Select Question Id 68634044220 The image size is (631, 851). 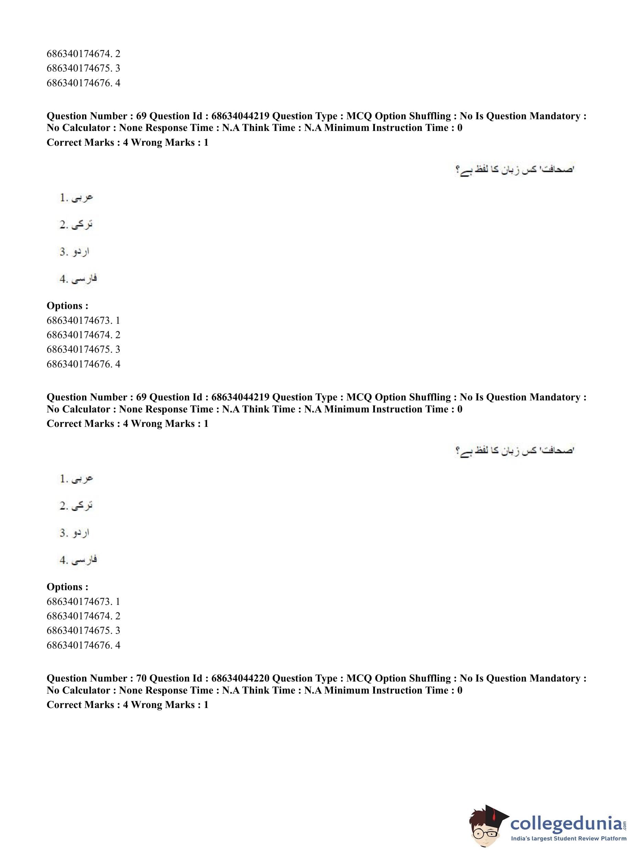(240, 678)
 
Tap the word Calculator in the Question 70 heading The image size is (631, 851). (86, 690)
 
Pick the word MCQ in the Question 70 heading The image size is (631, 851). (359, 678)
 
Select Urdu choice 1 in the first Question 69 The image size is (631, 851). (76, 198)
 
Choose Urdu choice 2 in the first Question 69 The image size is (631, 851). (76, 224)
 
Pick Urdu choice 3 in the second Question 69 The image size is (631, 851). (75, 533)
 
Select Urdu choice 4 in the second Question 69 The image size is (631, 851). (78, 560)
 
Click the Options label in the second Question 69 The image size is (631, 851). (67, 587)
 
